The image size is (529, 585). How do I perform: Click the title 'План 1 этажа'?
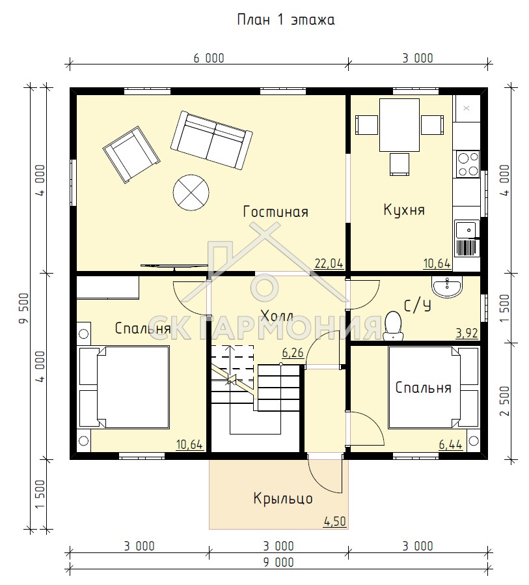[x=286, y=20]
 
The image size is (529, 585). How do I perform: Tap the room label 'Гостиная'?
[x=276, y=212]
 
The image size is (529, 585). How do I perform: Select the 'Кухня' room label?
[x=404, y=210]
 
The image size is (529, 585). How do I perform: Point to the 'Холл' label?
[x=277, y=316]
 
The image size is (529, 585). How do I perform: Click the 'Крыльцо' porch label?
[x=283, y=498]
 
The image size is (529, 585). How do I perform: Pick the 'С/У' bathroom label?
[x=418, y=306]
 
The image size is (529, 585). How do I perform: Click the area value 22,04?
[x=329, y=263]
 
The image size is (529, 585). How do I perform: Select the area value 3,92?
[x=467, y=333]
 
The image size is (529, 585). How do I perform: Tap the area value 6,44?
[x=450, y=444]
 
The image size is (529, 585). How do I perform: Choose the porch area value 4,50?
[x=335, y=521]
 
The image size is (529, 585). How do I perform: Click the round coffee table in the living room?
[x=191, y=193]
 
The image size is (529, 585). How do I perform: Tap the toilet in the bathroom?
[x=393, y=326]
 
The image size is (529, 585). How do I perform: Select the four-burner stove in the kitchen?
[x=468, y=165]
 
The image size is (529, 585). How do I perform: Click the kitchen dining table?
[x=400, y=125]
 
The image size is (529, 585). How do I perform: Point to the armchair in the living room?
[x=131, y=154]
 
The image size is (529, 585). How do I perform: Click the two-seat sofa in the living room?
[x=211, y=140]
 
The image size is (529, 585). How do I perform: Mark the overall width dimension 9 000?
[x=278, y=562]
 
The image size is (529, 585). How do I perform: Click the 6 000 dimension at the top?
[x=209, y=58]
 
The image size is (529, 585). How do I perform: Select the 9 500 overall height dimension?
[x=23, y=308]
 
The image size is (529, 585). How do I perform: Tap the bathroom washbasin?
[x=447, y=287]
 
